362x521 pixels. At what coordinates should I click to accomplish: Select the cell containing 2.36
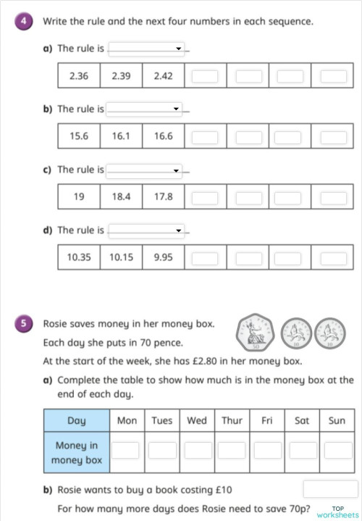78,76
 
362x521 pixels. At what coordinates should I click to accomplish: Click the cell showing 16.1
121,136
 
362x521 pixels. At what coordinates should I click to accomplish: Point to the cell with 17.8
163,196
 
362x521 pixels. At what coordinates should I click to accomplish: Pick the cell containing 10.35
78,257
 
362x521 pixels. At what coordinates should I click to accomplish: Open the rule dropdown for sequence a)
146,49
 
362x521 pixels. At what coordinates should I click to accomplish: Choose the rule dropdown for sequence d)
146,230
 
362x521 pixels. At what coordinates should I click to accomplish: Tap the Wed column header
196,420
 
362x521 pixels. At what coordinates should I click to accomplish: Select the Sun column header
337,420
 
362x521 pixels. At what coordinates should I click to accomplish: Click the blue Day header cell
76,420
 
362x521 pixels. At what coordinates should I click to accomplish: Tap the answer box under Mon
126,451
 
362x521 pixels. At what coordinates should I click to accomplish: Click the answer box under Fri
266,451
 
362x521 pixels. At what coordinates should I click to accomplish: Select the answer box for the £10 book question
330,489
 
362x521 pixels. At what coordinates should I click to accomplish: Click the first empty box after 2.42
206,76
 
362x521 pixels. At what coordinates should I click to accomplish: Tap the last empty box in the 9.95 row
333,257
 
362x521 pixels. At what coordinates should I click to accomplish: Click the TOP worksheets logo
338,512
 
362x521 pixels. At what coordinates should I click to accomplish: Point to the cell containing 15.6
78,136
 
